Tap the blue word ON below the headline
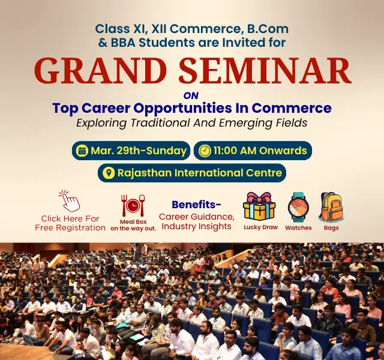click(190, 95)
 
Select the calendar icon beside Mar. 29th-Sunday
click(81, 151)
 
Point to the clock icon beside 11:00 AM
click(205, 151)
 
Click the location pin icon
click(109, 173)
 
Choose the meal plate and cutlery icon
click(132, 206)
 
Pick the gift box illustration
click(259, 206)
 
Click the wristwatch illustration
click(298, 207)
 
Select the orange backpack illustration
click(331, 207)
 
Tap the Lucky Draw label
click(260, 227)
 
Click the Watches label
click(298, 228)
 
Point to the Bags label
click(331, 228)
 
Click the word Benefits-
click(196, 204)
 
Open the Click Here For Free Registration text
click(70, 223)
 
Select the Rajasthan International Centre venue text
click(200, 173)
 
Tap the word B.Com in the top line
click(266, 28)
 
